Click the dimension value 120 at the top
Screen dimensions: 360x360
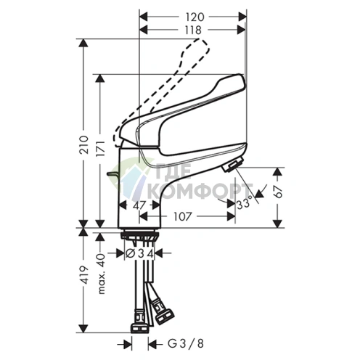(x=192, y=15)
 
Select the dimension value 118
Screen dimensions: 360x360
(x=192, y=29)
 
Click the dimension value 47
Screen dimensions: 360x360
(x=142, y=206)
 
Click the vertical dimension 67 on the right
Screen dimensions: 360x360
(x=285, y=192)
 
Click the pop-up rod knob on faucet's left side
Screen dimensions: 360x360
(x=110, y=174)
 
